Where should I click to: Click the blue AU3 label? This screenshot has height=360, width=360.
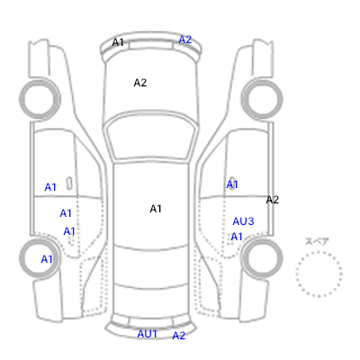tap(243, 221)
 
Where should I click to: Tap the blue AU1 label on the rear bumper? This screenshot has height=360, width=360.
tap(147, 334)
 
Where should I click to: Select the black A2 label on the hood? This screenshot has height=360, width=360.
tap(140, 83)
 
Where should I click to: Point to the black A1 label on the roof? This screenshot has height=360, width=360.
tap(156, 209)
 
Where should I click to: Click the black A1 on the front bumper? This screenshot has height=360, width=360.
tap(118, 42)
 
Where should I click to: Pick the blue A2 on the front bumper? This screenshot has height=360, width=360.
tap(185, 40)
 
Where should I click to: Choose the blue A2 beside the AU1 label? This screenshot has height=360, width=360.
tap(179, 336)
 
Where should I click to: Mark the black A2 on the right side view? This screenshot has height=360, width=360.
tap(273, 200)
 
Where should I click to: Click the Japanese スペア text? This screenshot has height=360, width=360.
tap(317, 242)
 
